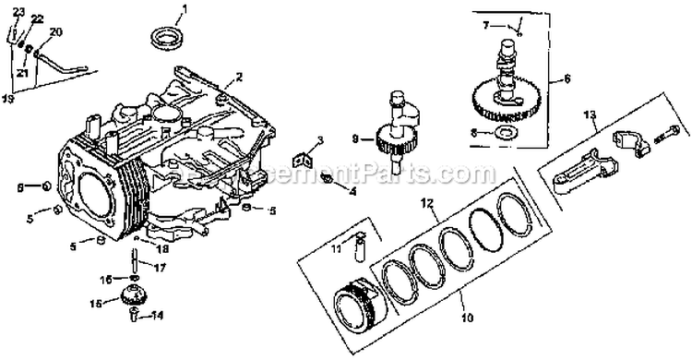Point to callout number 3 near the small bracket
pyautogui.click(x=318, y=140)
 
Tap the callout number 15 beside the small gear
pyautogui.click(x=95, y=302)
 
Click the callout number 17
pyautogui.click(x=159, y=268)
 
